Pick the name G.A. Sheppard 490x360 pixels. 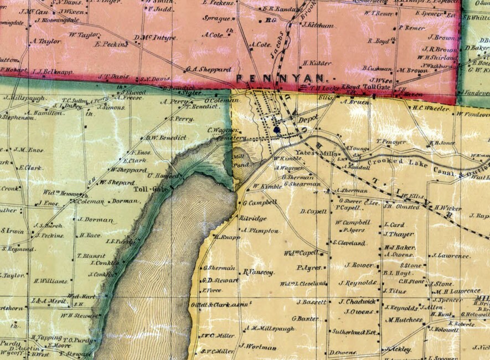coord(209,70)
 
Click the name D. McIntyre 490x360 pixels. coord(156,38)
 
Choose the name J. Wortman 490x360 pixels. coord(258,347)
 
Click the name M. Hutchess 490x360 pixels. coord(405,320)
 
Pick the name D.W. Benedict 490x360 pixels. coord(165,137)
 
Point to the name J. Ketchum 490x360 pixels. coord(318,25)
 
